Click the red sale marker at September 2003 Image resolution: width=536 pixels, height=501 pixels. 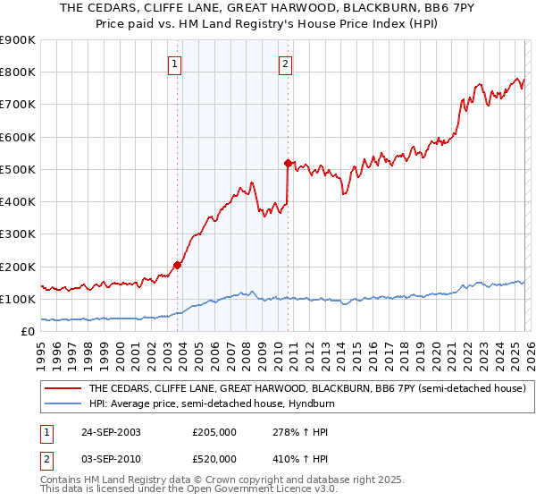[x=178, y=265]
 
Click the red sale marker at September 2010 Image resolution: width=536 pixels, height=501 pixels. [x=288, y=163]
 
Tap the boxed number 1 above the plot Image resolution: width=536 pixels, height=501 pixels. [x=174, y=64]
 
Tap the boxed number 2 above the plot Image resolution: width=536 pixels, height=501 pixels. [x=284, y=64]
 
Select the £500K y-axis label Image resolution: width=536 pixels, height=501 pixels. [x=18, y=169]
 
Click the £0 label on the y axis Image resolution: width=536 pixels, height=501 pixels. [x=27, y=331]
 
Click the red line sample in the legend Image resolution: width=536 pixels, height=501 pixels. [x=63, y=389]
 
